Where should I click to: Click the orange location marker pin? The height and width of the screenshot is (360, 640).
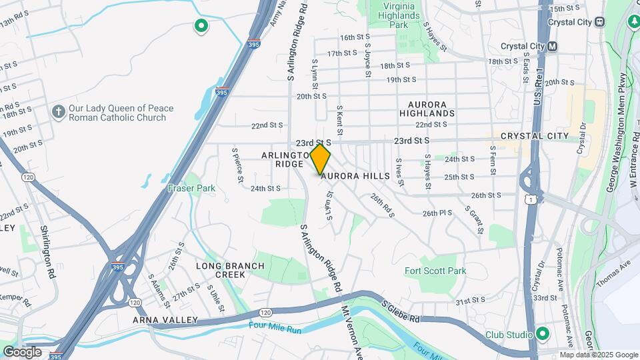point(321,159)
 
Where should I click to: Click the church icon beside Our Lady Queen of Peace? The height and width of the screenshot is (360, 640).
point(59,113)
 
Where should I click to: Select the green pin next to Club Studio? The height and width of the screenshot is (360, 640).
point(543,334)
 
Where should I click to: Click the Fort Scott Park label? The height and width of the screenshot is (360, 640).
point(436,271)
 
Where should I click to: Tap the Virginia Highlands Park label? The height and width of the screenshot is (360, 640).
point(398,15)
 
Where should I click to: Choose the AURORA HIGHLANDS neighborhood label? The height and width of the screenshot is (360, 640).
point(427,108)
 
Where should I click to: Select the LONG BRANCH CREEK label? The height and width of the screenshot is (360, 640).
point(230,270)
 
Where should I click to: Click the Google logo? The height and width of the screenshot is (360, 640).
point(22,352)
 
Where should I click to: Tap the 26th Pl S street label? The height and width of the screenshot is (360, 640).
point(437,213)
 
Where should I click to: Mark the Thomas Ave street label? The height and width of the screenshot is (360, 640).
point(613,275)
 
